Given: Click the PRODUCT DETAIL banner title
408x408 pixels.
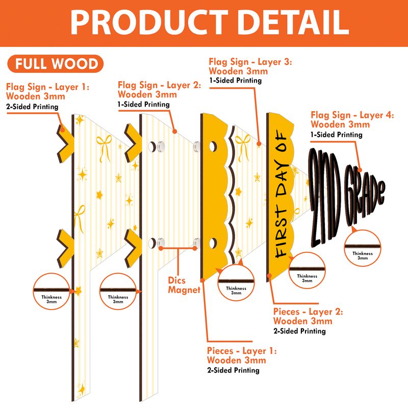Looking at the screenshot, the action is (x=210, y=22).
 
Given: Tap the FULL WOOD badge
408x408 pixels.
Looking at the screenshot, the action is (x=56, y=63).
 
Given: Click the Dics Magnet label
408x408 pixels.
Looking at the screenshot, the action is (x=184, y=285).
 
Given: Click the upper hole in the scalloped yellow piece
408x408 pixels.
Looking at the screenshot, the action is (x=213, y=146).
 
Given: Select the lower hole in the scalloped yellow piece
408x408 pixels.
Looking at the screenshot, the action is (x=213, y=243).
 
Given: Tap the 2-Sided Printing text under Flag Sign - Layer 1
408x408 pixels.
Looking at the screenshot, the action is (x=32, y=107).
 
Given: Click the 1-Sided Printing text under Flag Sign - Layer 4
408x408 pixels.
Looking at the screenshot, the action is (x=337, y=135).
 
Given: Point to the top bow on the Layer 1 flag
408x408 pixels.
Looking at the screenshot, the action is (x=104, y=147).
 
